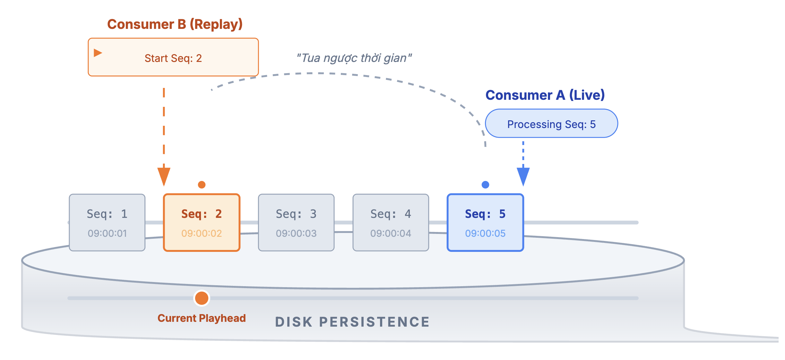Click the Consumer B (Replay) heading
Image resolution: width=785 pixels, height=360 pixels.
pyautogui.click(x=175, y=24)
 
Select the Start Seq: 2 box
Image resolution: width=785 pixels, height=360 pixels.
pyautogui.click(x=173, y=57)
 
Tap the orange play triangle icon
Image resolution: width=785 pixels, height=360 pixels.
pyautogui.click(x=98, y=53)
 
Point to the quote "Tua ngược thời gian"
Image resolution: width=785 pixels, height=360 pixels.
pyautogui.click(x=354, y=58)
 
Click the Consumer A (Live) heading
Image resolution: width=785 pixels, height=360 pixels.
pyautogui.click(x=545, y=95)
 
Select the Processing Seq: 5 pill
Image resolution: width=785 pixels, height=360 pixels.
pyautogui.click(x=551, y=124)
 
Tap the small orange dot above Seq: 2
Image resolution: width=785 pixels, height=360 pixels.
pyautogui.click(x=202, y=184)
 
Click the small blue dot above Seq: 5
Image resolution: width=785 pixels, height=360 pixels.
pyautogui.click(x=485, y=184)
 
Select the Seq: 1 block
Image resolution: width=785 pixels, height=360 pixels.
pyautogui.click(x=107, y=222)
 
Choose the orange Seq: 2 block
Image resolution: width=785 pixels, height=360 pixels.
pyautogui.click(x=202, y=222)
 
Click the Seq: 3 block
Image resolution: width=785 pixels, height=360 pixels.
pyautogui.click(x=296, y=222)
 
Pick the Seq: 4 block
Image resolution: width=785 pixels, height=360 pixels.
pyautogui.click(x=391, y=222)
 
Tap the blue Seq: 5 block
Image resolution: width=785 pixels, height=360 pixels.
pyautogui.click(x=485, y=222)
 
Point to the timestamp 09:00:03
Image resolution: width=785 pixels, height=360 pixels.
pyautogui.click(x=296, y=233)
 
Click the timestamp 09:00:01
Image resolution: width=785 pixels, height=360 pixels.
pyautogui.click(x=107, y=233)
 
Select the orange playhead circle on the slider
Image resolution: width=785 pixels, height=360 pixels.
pyautogui.click(x=202, y=298)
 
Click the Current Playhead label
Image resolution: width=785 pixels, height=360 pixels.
pyautogui.click(x=202, y=318)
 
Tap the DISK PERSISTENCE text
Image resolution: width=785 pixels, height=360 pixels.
pyautogui.click(x=352, y=322)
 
